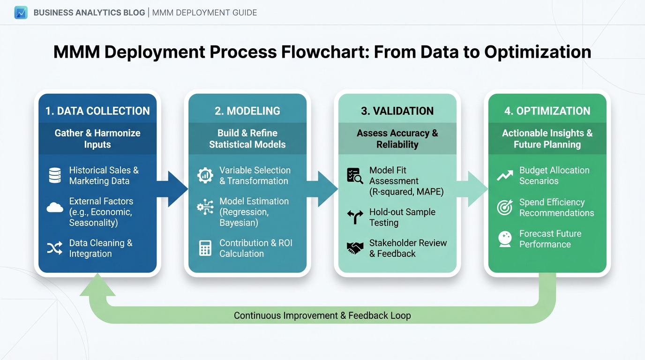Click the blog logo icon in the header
tap(21, 12)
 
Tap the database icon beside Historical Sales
tap(55, 175)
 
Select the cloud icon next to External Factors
tap(55, 208)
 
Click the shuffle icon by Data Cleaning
tap(55, 248)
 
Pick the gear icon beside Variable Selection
tap(205, 175)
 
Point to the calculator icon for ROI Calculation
tap(205, 248)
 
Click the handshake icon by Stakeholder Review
tap(355, 248)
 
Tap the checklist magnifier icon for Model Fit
tap(355, 175)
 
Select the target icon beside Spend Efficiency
tap(505, 207)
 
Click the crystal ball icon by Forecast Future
tap(505, 239)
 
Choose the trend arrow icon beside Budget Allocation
tap(505, 175)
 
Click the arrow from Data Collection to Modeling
tap(172, 189)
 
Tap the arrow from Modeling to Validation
tap(322, 189)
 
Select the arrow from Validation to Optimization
tap(472, 189)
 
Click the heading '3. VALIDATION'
tap(397, 111)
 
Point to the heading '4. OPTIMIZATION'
tap(547, 111)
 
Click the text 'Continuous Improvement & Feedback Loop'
tap(322, 315)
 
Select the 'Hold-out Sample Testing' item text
tap(402, 217)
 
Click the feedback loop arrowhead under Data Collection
tap(97, 285)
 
